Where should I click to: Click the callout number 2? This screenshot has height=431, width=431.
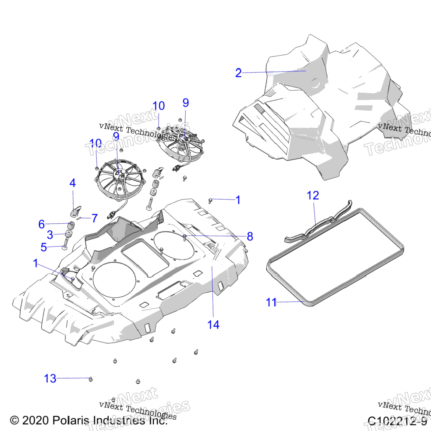tap(238, 73)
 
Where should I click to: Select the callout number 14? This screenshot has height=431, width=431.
tap(213, 325)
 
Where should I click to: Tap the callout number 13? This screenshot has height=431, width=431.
tap(50, 379)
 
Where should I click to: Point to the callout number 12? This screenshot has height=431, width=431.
tap(313, 196)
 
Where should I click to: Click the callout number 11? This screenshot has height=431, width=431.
tap(271, 302)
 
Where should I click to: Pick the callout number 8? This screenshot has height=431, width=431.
tap(250, 236)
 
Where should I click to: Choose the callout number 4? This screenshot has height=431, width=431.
tap(73, 183)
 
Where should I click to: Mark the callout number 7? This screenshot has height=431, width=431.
tap(95, 218)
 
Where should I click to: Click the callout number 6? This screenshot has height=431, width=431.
tap(42, 224)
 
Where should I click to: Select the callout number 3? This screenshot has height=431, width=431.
tap(50, 235)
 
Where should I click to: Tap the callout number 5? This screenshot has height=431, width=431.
tap(44, 247)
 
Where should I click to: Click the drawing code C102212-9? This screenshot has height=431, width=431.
tap(397, 421)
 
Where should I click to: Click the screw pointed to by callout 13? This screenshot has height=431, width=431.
tap(91, 379)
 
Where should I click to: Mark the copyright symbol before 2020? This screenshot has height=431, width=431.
tap(14, 421)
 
